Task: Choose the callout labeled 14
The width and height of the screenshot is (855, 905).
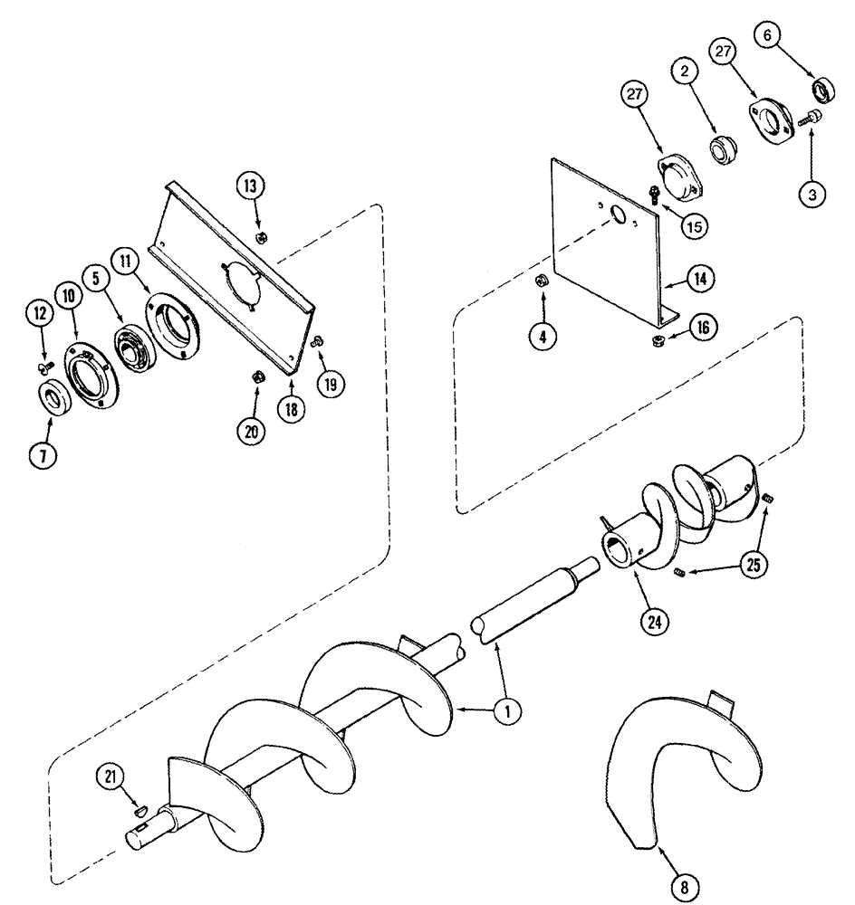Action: point(701,281)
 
